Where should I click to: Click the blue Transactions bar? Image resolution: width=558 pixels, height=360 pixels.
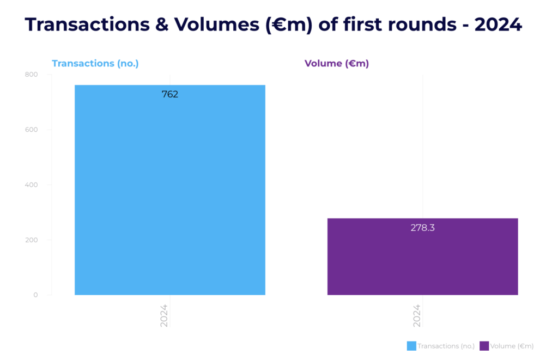pos(170,190)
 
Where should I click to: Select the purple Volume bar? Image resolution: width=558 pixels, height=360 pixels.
pos(422,257)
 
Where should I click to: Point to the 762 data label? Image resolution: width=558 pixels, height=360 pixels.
pos(170,94)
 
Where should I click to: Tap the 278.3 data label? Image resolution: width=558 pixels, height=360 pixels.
pos(422,228)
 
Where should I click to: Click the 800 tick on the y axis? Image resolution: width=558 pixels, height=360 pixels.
pos(31,75)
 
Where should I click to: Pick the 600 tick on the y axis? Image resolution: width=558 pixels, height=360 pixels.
pos(31,130)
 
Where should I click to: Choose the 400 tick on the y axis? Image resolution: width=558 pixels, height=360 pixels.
pos(31,185)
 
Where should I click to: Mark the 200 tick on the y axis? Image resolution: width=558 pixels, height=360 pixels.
pos(31,240)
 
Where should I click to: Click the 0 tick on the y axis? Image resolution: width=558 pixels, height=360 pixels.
pos(35,295)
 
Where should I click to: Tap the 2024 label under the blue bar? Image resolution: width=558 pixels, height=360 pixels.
pos(164,315)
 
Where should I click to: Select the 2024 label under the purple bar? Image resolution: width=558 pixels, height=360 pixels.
pos(417,315)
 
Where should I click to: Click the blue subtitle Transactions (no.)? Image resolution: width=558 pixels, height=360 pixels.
pos(95,64)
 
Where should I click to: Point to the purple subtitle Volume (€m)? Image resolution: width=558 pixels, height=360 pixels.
pos(337,64)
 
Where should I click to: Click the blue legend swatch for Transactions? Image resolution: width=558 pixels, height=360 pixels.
pos(411,346)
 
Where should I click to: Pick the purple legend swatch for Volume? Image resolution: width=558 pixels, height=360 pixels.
pos(484,346)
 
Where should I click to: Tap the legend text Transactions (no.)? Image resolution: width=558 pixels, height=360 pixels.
pos(446,346)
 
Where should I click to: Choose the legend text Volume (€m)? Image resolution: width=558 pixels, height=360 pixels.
pos(512,346)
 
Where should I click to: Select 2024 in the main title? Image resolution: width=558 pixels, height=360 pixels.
pos(498,25)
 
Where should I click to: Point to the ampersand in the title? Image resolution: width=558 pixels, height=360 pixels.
pos(162,25)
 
